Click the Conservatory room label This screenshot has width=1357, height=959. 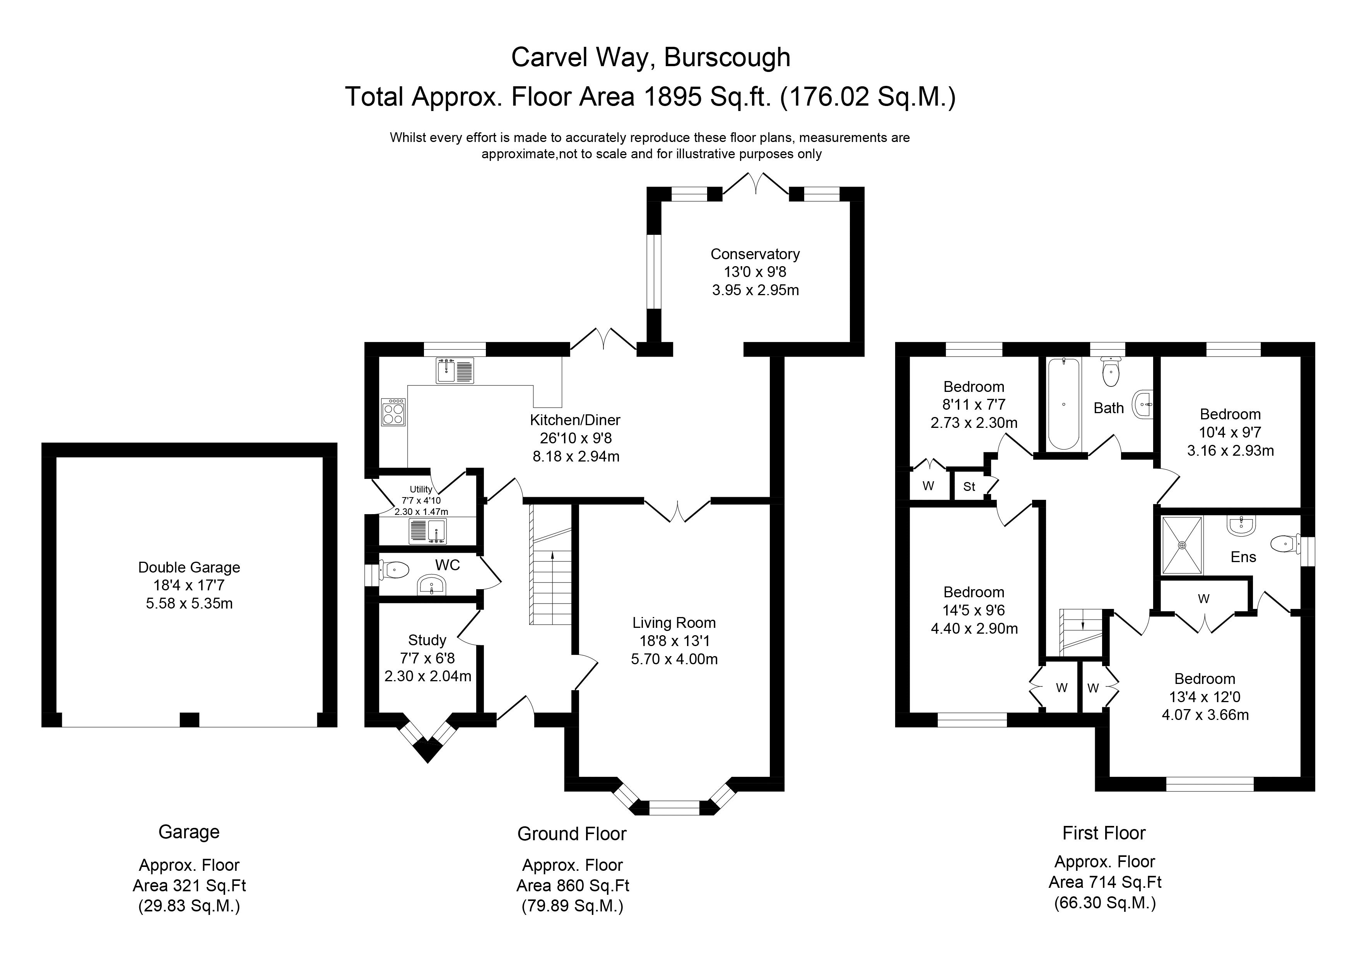point(755,254)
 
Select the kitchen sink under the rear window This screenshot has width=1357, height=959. point(455,371)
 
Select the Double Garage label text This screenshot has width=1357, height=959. point(189,567)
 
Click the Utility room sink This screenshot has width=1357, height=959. point(427,531)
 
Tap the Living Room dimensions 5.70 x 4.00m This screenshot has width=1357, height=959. point(674,659)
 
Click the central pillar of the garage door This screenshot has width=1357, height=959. point(189,719)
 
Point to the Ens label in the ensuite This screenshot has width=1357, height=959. point(1243,557)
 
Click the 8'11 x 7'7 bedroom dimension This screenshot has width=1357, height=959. point(973,405)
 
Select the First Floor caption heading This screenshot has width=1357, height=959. point(1104,833)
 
